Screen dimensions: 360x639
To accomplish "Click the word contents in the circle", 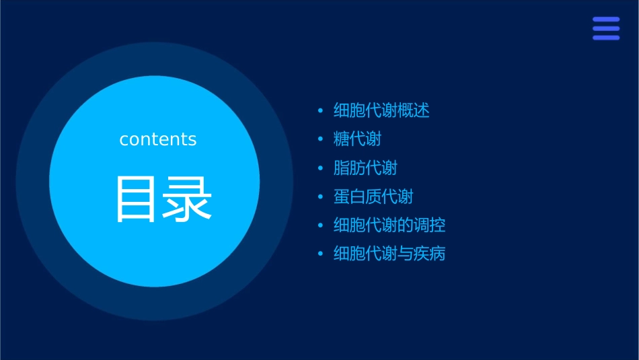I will click(x=158, y=139).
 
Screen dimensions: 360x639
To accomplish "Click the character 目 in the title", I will click(x=137, y=199).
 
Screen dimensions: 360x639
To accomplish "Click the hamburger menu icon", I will click(x=605, y=29).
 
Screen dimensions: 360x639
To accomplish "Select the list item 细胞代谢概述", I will click(x=381, y=110).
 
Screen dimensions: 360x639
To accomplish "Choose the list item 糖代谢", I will click(x=357, y=139).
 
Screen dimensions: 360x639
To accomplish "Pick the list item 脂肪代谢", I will click(x=365, y=168).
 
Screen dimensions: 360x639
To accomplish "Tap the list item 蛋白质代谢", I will click(x=373, y=196).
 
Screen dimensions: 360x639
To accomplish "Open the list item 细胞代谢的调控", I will click(x=389, y=225).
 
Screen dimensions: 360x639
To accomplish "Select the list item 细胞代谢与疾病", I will click(x=389, y=254).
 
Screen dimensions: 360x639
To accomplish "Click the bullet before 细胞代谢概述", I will click(x=320, y=110).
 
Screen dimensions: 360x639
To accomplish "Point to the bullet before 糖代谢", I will click(x=320, y=139).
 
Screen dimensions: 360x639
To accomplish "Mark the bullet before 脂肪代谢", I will click(x=320, y=168).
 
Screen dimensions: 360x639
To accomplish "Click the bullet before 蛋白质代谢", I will click(x=320, y=196).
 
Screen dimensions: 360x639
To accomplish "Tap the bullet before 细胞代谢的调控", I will click(x=320, y=225).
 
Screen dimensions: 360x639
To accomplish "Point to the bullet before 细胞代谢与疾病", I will click(x=320, y=254).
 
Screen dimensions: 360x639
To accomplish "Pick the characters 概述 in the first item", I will click(x=414, y=110).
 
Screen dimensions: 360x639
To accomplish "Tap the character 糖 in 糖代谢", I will click(x=342, y=139).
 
